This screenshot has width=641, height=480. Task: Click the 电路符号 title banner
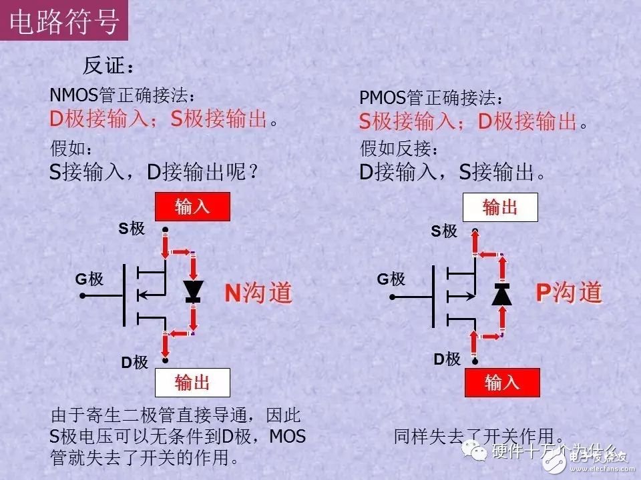click(x=65, y=21)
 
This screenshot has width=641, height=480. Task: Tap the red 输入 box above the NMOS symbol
click(x=192, y=207)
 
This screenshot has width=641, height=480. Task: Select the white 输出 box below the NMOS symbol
click(x=192, y=382)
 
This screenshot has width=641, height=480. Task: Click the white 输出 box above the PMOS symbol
click(x=501, y=207)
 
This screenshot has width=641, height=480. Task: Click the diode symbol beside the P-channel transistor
click(x=501, y=293)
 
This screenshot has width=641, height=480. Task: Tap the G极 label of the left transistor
click(x=89, y=279)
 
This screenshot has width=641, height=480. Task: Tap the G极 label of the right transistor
click(x=391, y=279)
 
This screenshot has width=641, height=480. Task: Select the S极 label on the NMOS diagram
click(x=132, y=229)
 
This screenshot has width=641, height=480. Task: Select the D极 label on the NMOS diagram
click(x=134, y=363)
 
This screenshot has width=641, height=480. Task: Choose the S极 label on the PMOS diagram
click(x=443, y=231)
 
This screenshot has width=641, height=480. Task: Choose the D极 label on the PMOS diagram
click(x=447, y=359)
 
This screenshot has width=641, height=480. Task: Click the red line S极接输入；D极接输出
click(x=467, y=121)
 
